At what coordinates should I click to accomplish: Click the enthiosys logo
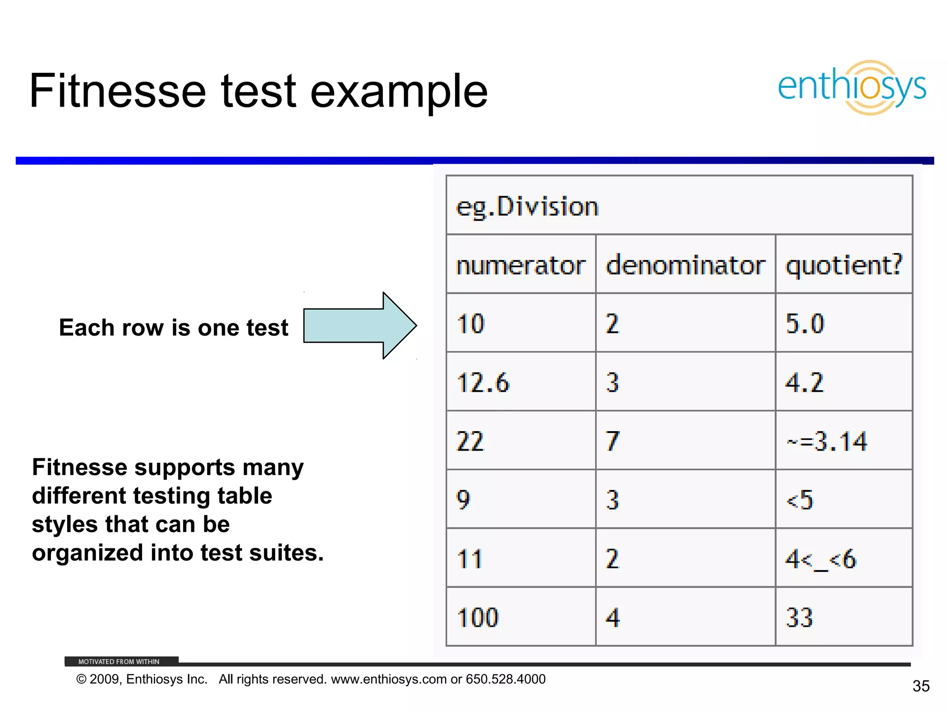click(852, 88)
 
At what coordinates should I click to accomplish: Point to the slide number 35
click(921, 686)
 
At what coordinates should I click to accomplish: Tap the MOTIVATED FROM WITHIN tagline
click(119, 661)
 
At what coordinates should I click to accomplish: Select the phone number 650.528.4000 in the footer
click(506, 679)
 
